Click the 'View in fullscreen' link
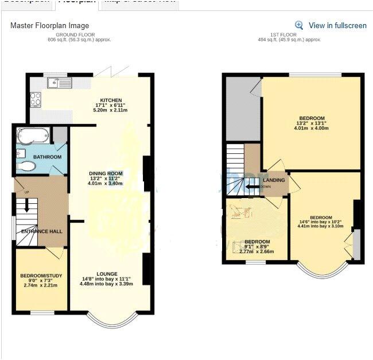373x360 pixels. (337, 25)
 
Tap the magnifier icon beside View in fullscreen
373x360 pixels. (299, 25)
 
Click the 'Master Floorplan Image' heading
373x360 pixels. (50, 26)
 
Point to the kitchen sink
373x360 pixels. (63, 83)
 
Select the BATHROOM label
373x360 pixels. (47, 157)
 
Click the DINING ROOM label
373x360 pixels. (106, 173)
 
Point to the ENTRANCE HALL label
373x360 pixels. (42, 231)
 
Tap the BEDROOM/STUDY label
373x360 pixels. (40, 274)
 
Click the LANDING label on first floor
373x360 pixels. (274, 180)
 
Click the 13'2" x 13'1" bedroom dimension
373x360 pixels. (312, 123)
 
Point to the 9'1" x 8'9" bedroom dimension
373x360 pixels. (257, 247)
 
